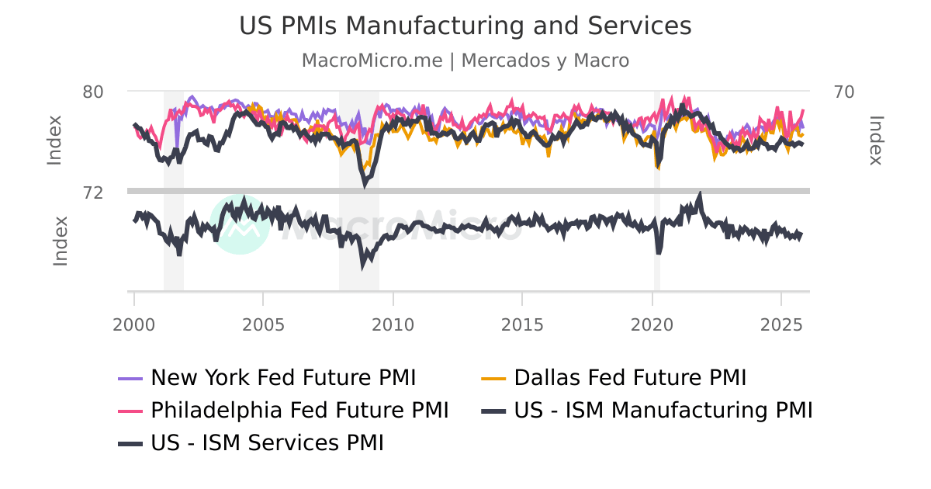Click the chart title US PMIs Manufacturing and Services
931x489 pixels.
pos(465,26)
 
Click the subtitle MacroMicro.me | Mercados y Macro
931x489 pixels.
pos(465,61)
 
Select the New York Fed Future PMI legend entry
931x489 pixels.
pos(283,378)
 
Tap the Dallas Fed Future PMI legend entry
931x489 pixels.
pos(630,378)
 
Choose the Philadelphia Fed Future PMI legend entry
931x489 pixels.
pos(299,410)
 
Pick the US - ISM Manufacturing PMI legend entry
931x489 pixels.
pos(663,410)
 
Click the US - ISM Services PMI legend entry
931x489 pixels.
pos(267,442)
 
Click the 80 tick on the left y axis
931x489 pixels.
pos(93,92)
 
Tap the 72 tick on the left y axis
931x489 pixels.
pos(93,192)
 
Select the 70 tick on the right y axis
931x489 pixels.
pos(844,92)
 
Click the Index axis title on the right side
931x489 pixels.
pos(876,140)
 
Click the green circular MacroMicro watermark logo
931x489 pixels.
pos(240,224)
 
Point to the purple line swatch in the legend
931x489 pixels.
pos(128,379)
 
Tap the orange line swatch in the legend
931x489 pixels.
pos(493,379)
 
